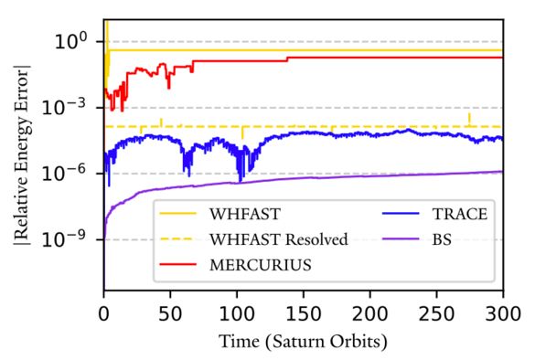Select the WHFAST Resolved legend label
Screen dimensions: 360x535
[x=278, y=239]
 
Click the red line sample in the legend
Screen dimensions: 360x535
[x=178, y=264]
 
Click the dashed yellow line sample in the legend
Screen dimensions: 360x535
[x=178, y=239]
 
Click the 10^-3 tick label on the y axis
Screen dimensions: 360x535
[x=71, y=108]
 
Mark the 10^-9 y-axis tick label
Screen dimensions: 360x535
[x=71, y=239]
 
